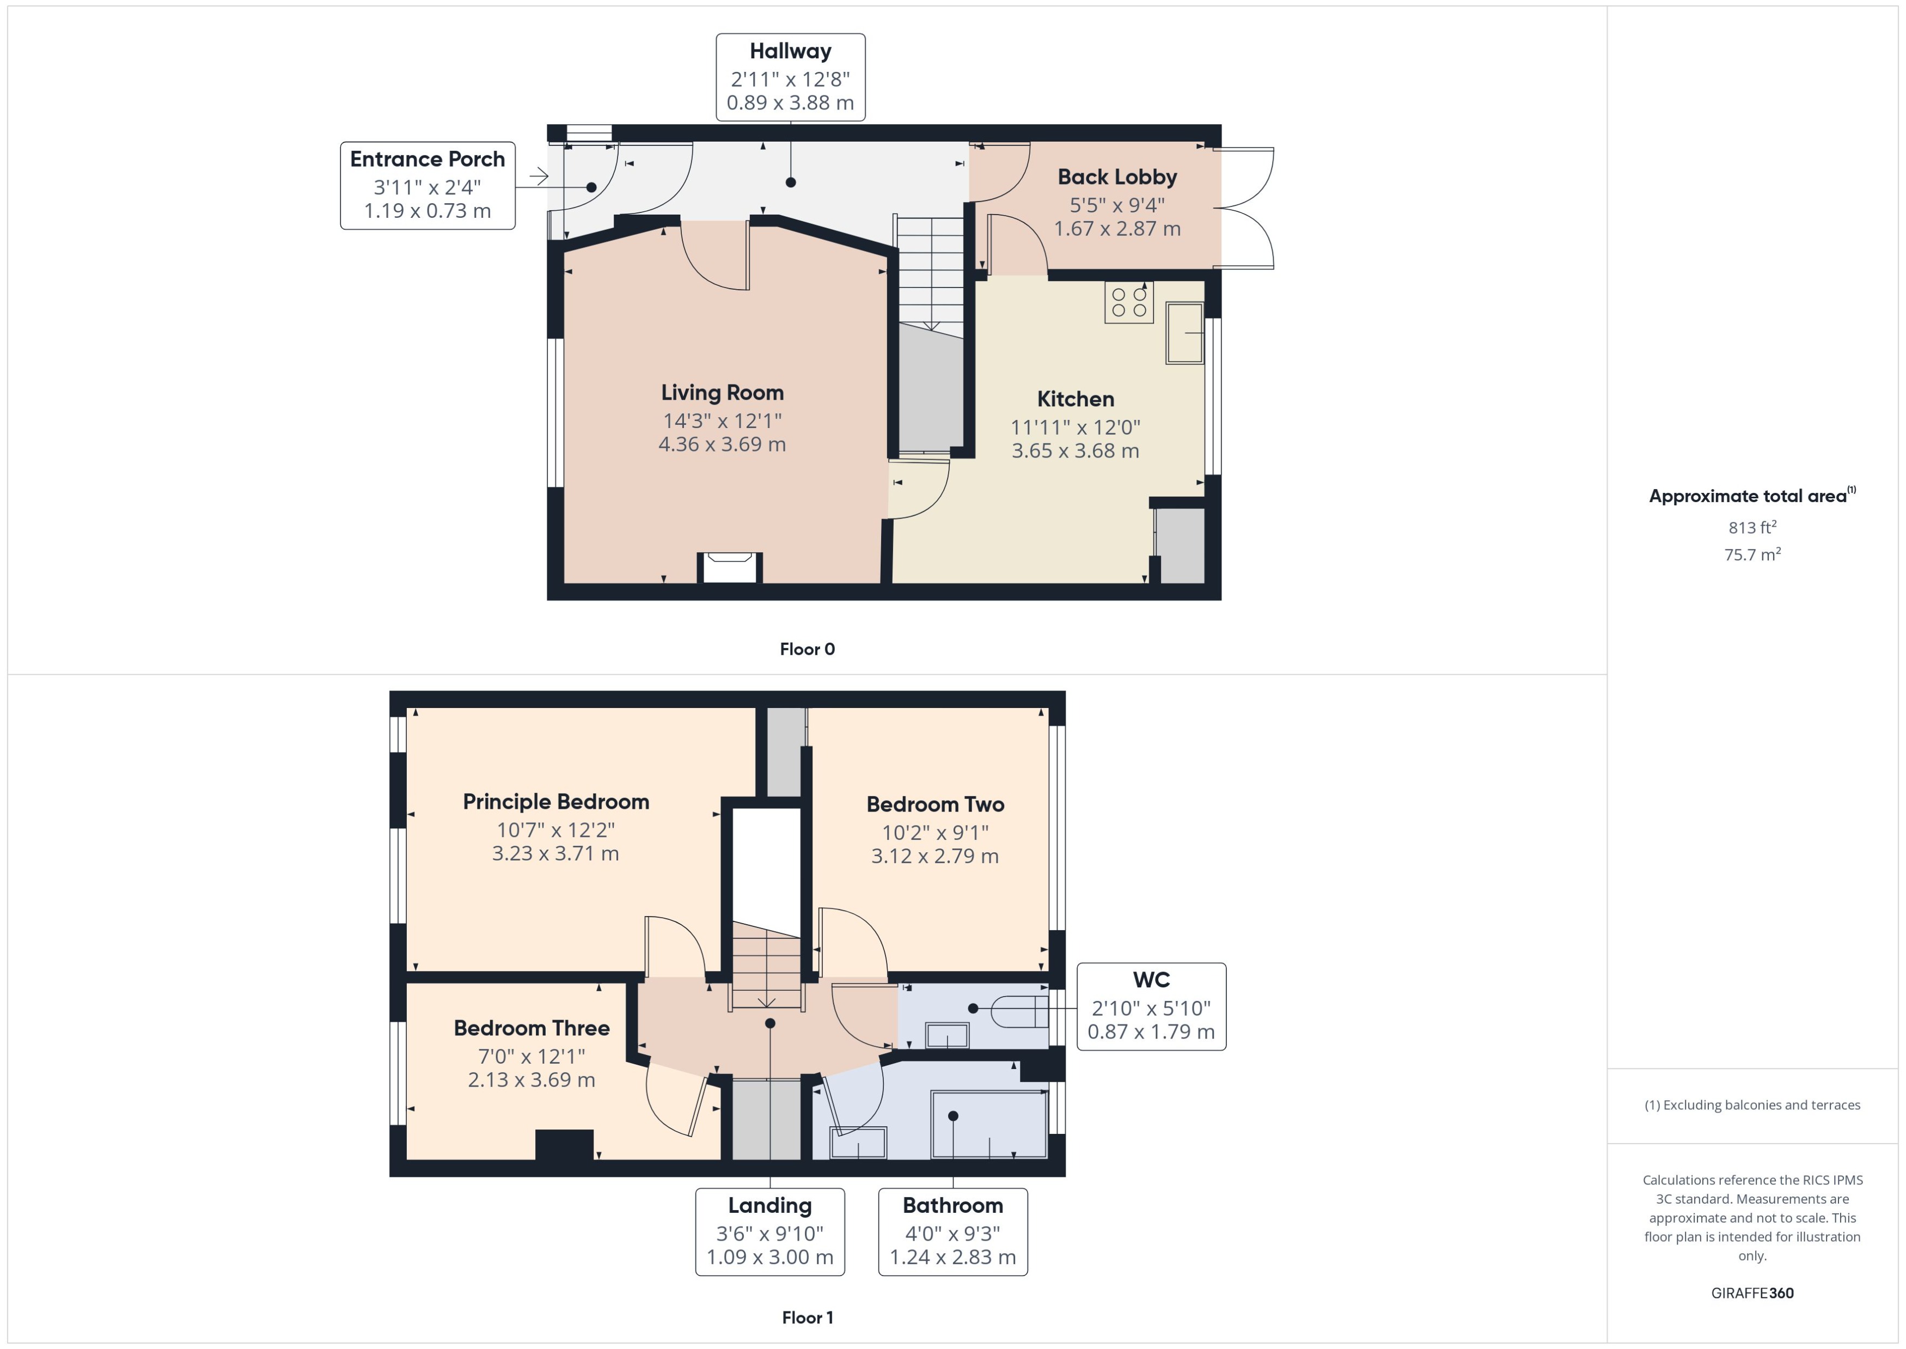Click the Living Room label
click(x=722, y=392)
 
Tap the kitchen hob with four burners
click(x=1129, y=302)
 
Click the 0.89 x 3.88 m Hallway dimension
click(x=790, y=103)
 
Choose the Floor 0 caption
click(x=807, y=649)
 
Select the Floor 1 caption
click(x=807, y=1317)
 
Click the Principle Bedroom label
click(x=555, y=802)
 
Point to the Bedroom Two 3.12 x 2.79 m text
click(x=934, y=856)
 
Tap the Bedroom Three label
click(x=532, y=1028)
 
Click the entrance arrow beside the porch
click(x=539, y=176)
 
